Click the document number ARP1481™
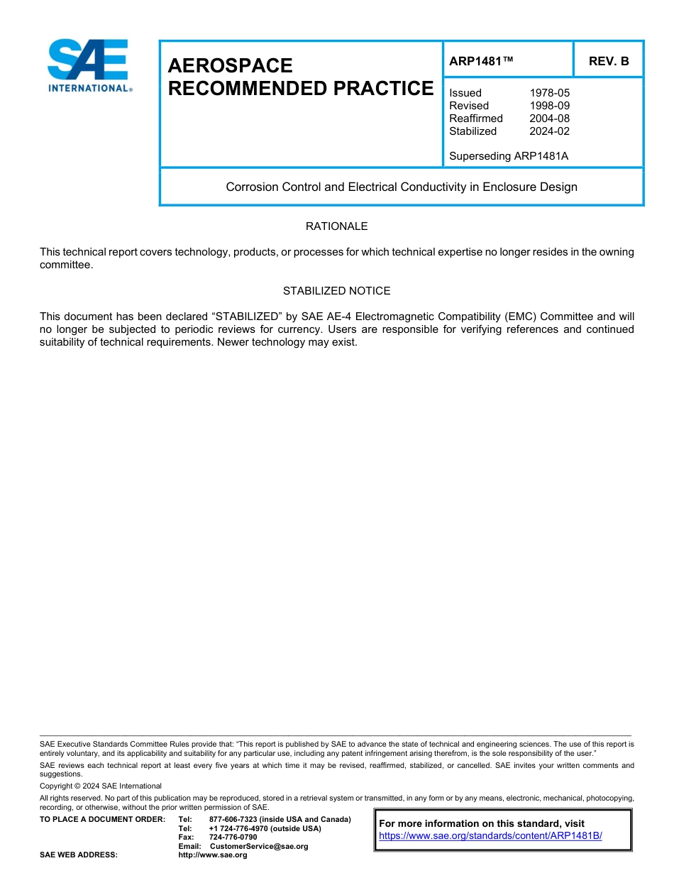click(x=481, y=61)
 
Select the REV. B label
click(x=609, y=61)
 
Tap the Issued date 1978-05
click(x=549, y=93)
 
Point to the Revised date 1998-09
click(x=549, y=106)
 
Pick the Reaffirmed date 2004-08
click(x=549, y=119)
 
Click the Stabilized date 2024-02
click(x=549, y=131)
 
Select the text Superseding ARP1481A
click(x=509, y=156)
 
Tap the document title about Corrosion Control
click(x=402, y=187)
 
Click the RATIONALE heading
click(x=336, y=226)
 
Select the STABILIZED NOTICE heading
click(x=336, y=291)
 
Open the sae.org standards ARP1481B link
click(x=490, y=836)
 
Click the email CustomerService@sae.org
click(x=259, y=846)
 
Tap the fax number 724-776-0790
click(x=233, y=838)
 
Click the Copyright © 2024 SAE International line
click(x=101, y=786)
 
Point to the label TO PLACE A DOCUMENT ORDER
click(x=102, y=820)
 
